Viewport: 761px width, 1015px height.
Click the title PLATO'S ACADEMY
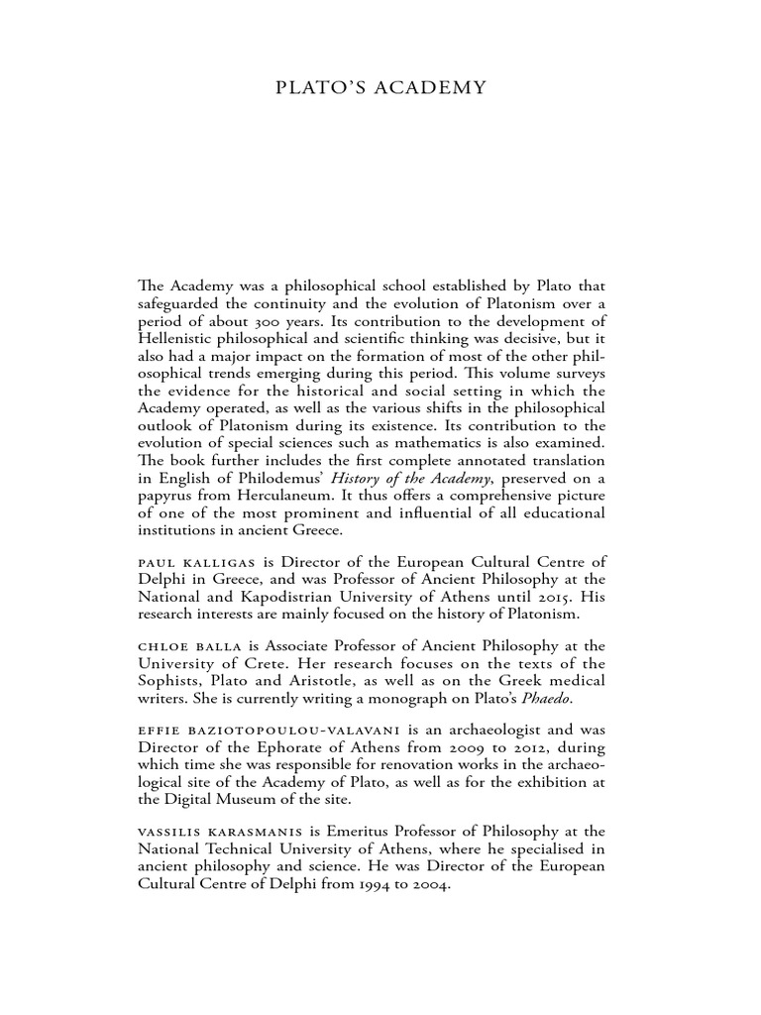coord(380,88)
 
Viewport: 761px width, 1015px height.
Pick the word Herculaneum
coord(274,495)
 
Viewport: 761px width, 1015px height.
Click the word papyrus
coord(164,495)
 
